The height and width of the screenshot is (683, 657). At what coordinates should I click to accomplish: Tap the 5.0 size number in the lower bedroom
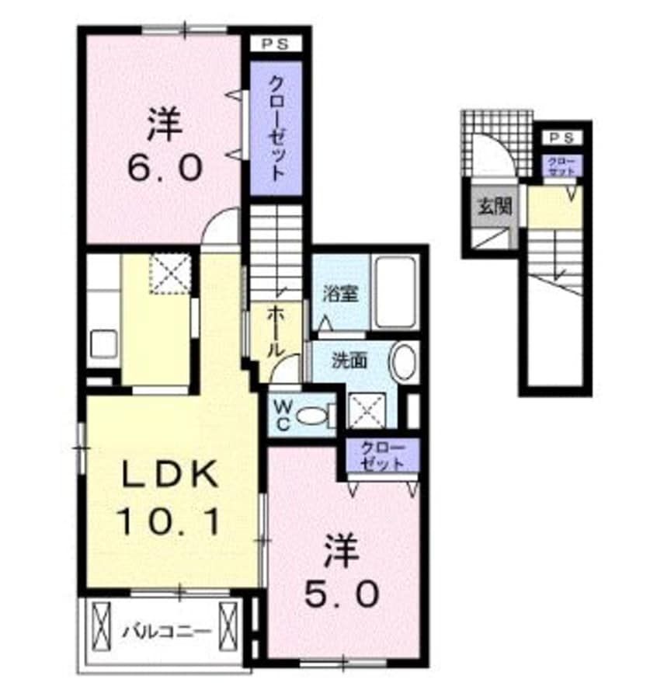point(341,594)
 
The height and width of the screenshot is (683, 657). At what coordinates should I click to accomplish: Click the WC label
point(280,416)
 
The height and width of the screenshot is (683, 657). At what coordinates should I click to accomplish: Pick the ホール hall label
point(276,331)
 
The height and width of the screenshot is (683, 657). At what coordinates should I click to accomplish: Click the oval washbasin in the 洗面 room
point(404,362)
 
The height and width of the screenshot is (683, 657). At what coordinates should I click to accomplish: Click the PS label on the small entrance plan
point(561,138)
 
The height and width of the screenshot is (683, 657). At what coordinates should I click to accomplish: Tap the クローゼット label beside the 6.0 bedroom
point(276,129)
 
